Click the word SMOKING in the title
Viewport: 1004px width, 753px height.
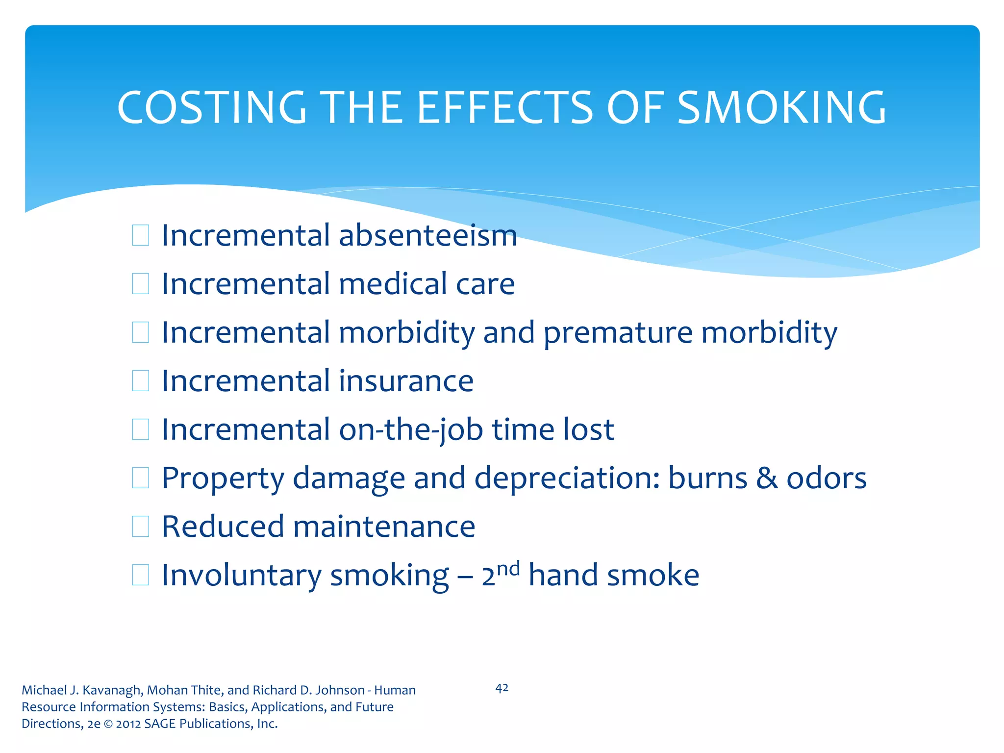click(x=781, y=107)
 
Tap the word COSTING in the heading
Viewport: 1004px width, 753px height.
click(x=212, y=107)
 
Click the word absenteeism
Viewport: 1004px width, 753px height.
click(x=427, y=235)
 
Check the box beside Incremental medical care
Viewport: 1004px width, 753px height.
click(x=141, y=284)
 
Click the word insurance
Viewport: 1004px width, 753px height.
click(x=406, y=381)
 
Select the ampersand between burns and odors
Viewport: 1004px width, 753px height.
click(x=767, y=478)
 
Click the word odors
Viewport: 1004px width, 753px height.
click(x=827, y=478)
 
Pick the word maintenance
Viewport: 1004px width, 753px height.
click(x=384, y=527)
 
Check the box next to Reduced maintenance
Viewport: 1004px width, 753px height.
click(x=141, y=527)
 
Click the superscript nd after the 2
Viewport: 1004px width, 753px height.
click(x=508, y=569)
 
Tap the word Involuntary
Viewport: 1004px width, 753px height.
click(x=241, y=575)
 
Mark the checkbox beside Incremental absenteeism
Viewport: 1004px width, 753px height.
click(x=141, y=235)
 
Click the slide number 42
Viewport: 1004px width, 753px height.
click(x=502, y=688)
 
